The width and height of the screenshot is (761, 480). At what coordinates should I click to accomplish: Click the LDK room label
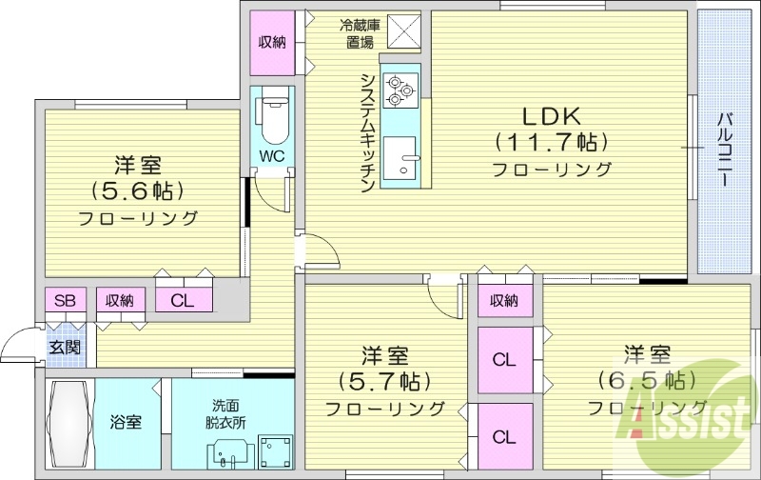pos(551,117)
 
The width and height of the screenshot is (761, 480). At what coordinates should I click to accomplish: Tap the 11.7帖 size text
pos(551,144)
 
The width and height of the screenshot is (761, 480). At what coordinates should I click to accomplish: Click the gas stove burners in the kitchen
pos(400,90)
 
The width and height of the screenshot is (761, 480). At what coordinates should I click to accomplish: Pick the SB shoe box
pos(65,301)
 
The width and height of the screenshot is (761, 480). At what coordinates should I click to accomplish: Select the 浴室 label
pos(126,421)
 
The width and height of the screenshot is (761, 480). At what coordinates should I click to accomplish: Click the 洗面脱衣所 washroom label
pos(226,410)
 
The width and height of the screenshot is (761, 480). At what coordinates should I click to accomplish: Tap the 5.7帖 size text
pos(385,383)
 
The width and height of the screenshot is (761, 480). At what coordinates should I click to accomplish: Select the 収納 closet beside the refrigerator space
pos(272,41)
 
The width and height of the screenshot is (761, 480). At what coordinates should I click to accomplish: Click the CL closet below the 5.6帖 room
pos(184,301)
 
